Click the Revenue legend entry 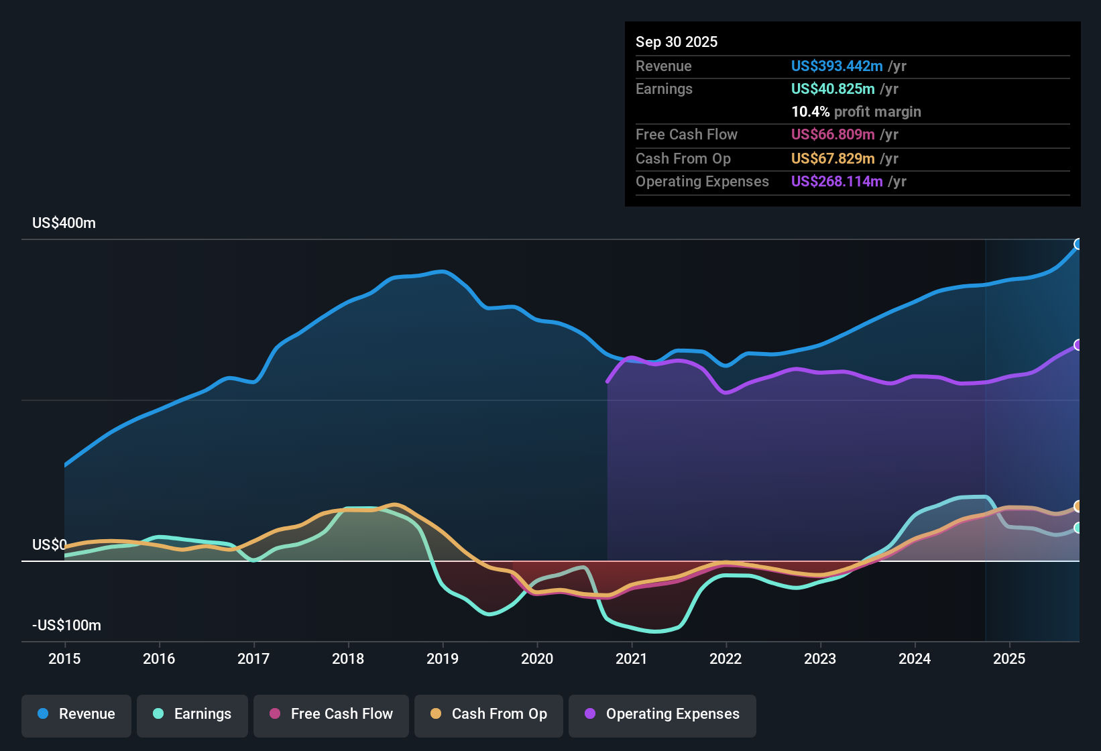point(76,714)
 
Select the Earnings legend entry point(192,714)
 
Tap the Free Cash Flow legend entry point(331,714)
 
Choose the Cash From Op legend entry point(489,714)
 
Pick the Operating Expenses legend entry point(662,714)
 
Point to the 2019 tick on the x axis point(443,658)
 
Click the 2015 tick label point(64,658)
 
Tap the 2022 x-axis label point(726,658)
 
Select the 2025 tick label point(1009,658)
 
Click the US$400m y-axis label point(64,223)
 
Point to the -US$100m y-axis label point(66,626)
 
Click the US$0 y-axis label point(49,545)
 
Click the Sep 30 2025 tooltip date point(676,42)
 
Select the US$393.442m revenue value point(836,66)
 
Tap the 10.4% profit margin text point(856,112)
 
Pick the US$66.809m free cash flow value point(832,135)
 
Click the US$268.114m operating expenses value point(836,182)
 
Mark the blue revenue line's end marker point(1078,244)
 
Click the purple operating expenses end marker point(1078,345)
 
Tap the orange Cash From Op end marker point(1078,506)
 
